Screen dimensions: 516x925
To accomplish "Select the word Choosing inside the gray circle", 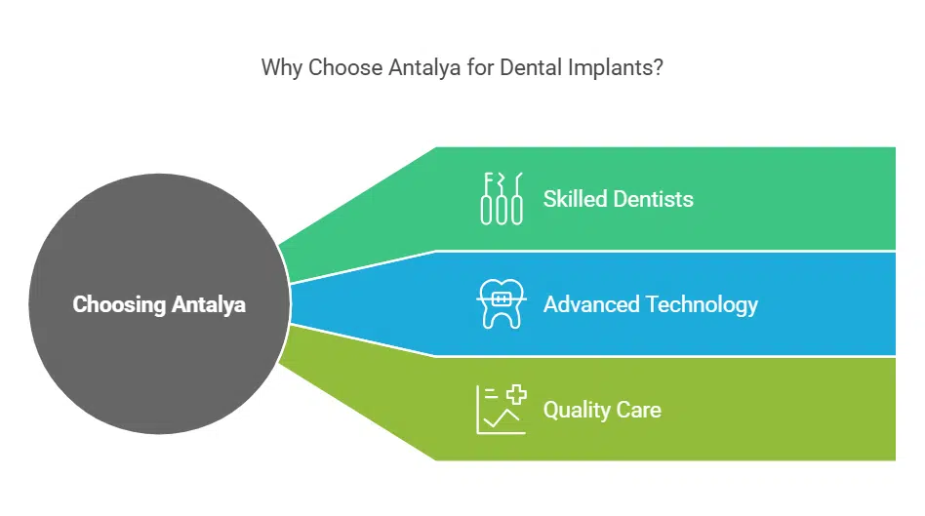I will pyautogui.click(x=119, y=304).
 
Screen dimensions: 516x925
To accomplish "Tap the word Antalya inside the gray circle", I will pyautogui.click(x=209, y=304).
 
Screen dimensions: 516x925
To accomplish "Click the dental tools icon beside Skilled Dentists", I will pyautogui.click(x=502, y=199).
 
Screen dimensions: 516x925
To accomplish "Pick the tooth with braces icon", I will pyautogui.click(x=502, y=304).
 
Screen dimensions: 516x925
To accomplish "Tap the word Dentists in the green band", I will pyautogui.click(x=654, y=199).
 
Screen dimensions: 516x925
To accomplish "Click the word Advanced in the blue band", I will pyautogui.click(x=589, y=304).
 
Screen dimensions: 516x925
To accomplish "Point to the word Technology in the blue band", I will pyautogui.click(x=700, y=304).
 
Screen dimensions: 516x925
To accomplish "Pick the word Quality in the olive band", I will pyautogui.click(x=576, y=410).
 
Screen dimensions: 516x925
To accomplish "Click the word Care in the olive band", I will pyautogui.click(x=638, y=410).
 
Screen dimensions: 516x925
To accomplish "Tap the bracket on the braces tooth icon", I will pyautogui.click(x=502, y=297).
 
